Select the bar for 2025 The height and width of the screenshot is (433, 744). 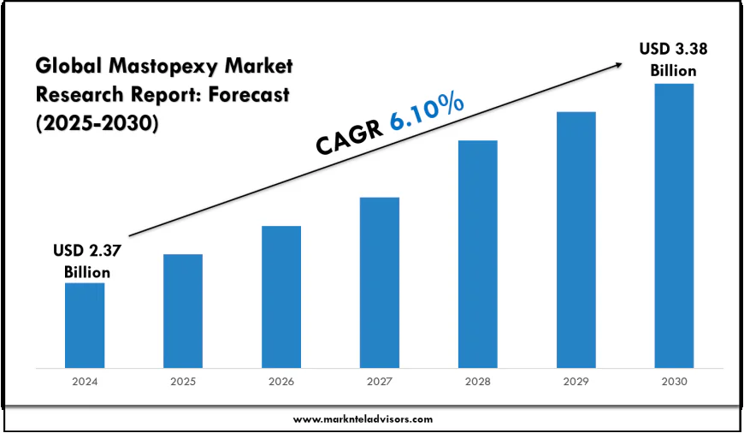click(x=183, y=311)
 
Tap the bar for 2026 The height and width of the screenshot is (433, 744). click(x=281, y=297)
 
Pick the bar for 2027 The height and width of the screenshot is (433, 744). click(x=380, y=282)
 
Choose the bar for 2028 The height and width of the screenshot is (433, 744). click(x=478, y=254)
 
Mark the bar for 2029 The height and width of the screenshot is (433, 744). click(x=576, y=240)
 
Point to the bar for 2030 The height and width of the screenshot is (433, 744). click(x=674, y=226)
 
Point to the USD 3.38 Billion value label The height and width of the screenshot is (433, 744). click(x=674, y=60)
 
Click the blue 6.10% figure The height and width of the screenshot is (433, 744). click(x=427, y=112)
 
